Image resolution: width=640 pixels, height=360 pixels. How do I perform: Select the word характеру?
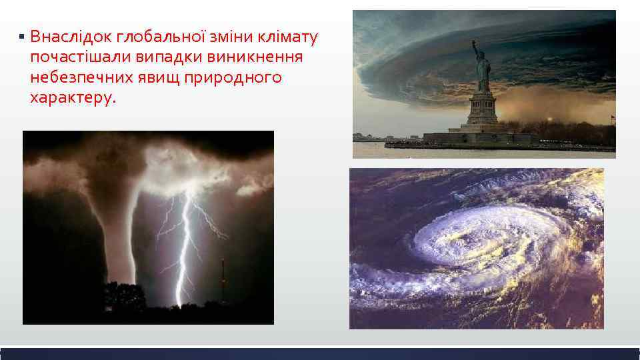(x=72, y=99)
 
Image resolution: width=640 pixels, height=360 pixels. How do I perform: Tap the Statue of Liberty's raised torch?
(x=474, y=43)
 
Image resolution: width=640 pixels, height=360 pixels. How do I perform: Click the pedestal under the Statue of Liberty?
(x=482, y=110)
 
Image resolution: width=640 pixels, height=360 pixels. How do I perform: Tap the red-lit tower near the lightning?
(x=223, y=280)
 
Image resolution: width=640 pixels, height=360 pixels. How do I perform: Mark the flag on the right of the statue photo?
(x=611, y=119)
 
